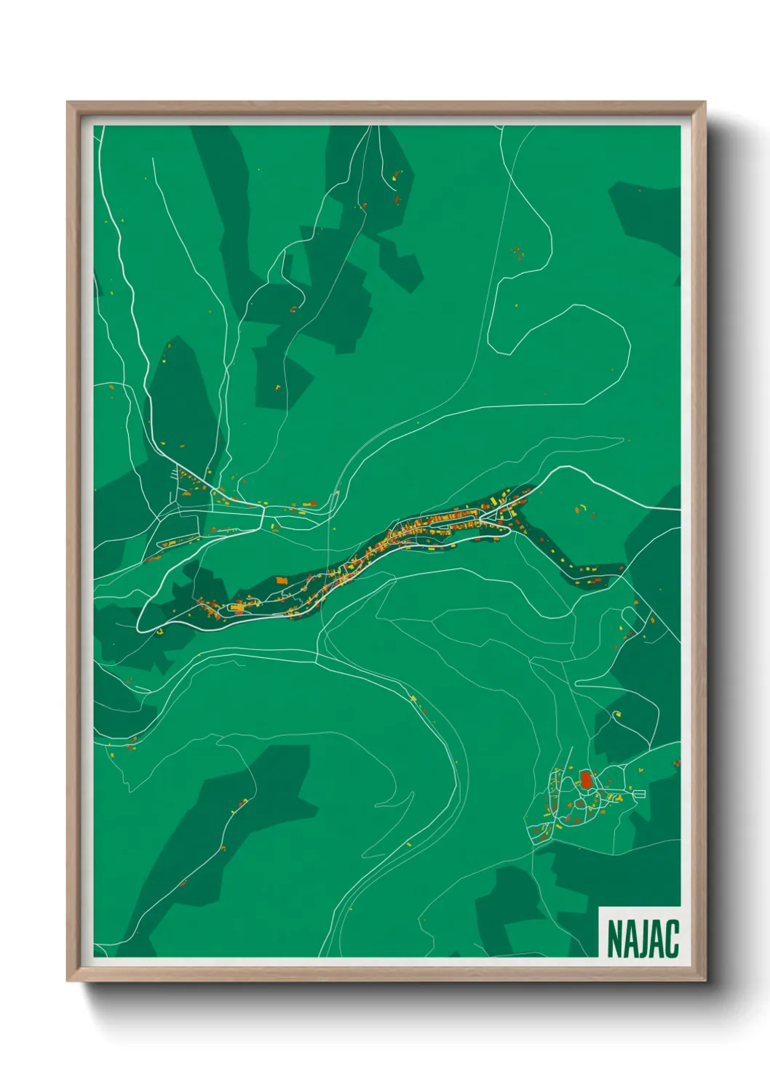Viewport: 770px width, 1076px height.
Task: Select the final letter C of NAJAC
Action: click(672, 939)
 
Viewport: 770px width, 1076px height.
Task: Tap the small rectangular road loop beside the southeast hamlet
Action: click(639, 794)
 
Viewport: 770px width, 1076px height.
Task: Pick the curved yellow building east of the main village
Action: click(582, 506)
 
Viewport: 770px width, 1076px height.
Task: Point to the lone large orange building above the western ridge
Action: click(309, 503)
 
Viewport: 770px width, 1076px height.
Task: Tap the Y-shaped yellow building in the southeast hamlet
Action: click(619, 798)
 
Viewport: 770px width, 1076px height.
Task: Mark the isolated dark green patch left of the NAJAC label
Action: click(509, 909)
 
